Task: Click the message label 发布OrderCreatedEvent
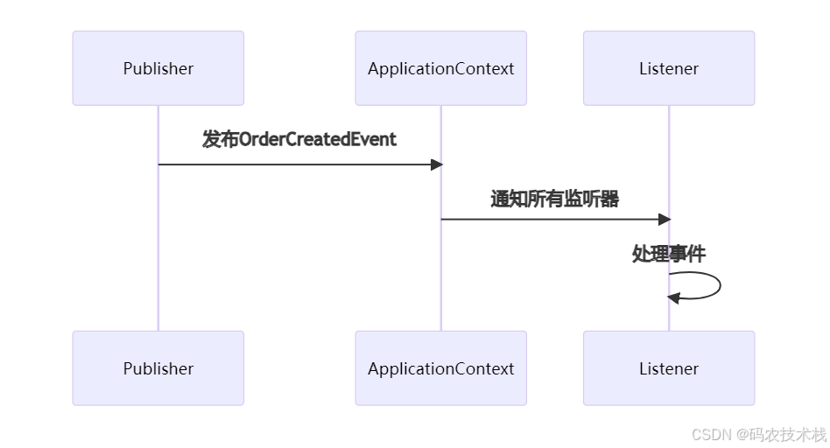(299, 139)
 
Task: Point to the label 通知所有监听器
(554, 199)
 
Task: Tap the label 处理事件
(669, 254)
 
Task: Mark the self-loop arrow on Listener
(718, 285)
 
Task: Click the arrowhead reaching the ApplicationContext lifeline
(436, 164)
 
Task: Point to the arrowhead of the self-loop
(673, 297)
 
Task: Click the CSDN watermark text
(711, 434)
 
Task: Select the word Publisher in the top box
(158, 68)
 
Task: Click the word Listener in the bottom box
(669, 368)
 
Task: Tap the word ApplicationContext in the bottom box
(440, 368)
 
